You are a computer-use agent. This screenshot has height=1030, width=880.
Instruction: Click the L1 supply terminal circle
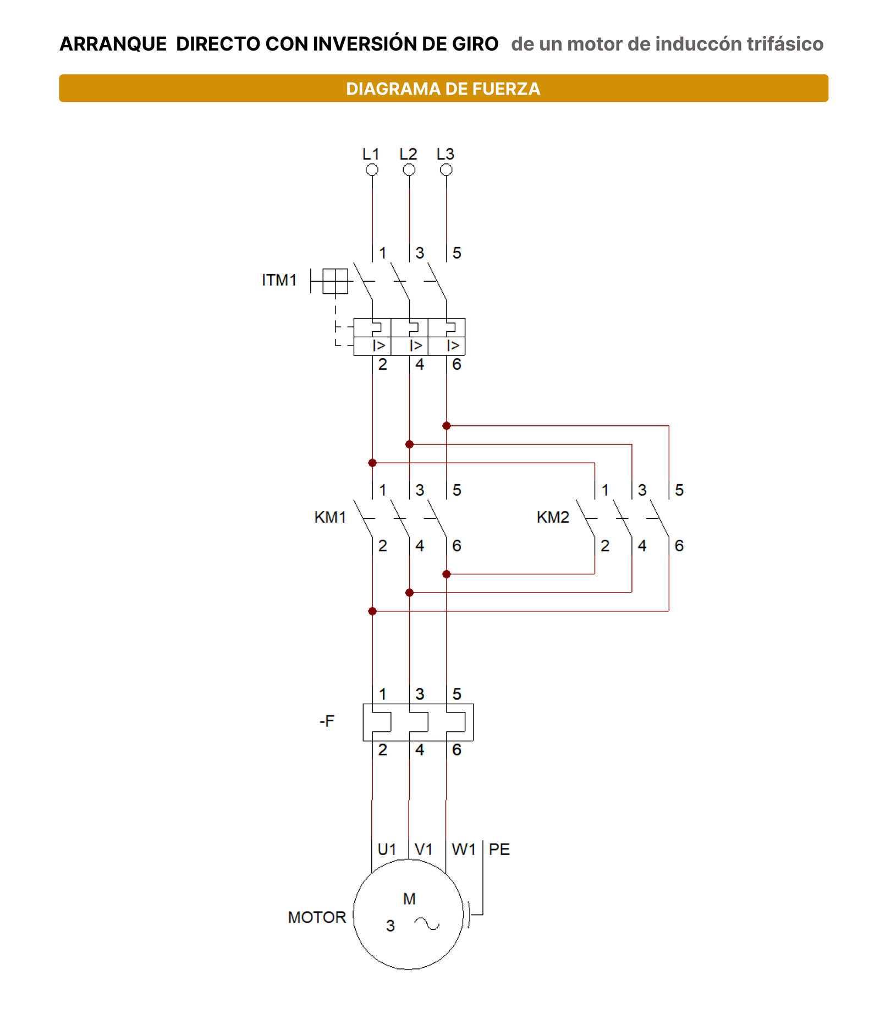coord(372,170)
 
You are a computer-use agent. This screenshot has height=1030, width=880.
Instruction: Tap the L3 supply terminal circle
coord(446,170)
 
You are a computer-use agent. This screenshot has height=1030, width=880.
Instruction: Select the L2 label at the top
coord(408,154)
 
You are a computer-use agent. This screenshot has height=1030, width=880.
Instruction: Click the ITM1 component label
coord(279,280)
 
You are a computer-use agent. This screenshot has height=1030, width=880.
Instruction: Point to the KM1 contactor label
coord(330,517)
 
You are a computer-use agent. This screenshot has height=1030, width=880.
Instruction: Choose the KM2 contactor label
coord(553,517)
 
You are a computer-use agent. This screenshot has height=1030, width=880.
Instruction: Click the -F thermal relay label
coord(327,721)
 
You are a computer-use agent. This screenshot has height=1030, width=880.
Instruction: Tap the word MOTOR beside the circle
coord(317,917)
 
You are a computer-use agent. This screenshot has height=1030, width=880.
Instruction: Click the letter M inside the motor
coord(409,898)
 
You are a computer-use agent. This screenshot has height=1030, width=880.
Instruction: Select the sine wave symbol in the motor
coord(427,924)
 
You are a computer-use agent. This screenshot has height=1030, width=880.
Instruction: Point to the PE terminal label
coord(499,849)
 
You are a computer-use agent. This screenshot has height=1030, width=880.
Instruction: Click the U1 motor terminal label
coord(387,849)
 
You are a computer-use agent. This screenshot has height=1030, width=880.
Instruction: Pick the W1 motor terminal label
coord(464,849)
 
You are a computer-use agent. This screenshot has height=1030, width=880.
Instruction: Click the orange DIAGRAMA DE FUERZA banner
coord(443,88)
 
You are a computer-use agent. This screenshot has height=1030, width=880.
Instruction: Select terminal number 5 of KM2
coord(679,490)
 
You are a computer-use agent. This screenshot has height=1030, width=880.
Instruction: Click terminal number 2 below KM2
coord(605,545)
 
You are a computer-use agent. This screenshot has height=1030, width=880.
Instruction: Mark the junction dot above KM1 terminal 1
coord(372,463)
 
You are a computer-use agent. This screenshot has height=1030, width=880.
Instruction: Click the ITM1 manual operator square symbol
coord(335,281)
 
